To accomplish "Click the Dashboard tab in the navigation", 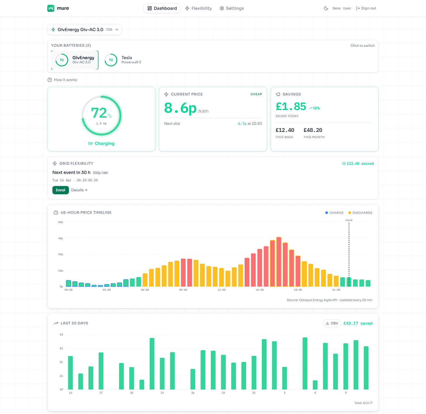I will (162, 8).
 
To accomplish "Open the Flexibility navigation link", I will (199, 8).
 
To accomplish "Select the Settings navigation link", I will (232, 8).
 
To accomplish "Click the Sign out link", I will (366, 8).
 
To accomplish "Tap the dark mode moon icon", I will (326, 8).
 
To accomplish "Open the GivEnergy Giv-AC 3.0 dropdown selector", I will (85, 30).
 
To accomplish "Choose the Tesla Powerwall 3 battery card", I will (123, 60).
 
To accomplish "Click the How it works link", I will (62, 80).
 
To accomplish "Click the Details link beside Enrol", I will (79, 190).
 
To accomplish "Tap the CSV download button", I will (332, 323).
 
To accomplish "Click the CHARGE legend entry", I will (334, 213).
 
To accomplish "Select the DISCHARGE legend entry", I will (360, 213).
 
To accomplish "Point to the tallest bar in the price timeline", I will (279, 262).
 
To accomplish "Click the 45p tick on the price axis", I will (61, 238).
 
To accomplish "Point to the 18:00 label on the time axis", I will (298, 290).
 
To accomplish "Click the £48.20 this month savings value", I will (313, 130).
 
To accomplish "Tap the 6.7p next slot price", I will (242, 124).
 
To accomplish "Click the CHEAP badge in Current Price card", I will (256, 94).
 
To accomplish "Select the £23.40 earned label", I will (358, 164).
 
